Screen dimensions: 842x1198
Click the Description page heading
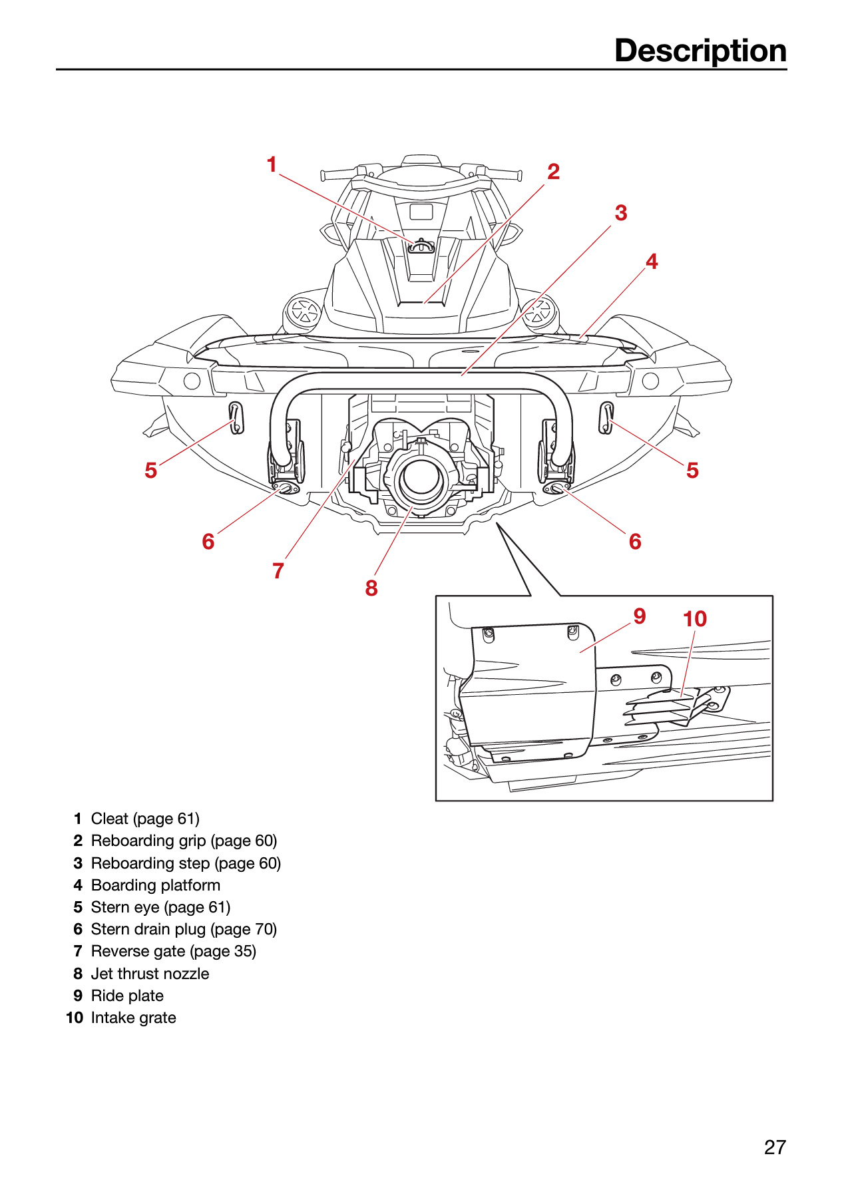(x=700, y=51)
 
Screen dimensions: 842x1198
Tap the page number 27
(x=775, y=1147)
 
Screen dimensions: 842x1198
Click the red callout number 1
(x=272, y=164)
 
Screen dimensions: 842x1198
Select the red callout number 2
(x=553, y=172)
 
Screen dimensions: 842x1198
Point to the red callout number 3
(x=621, y=213)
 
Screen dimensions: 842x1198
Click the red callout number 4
(x=652, y=262)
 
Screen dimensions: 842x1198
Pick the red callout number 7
(x=278, y=571)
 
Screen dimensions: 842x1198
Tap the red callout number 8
(x=371, y=588)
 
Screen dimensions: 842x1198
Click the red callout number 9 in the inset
(x=640, y=616)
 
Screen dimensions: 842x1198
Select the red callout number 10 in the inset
(x=695, y=619)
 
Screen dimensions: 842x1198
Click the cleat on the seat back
(x=421, y=246)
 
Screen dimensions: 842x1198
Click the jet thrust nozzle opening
(x=420, y=477)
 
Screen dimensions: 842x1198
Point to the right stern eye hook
(x=606, y=418)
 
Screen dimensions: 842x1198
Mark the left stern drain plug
(x=286, y=489)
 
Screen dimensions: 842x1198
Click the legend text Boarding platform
(x=156, y=885)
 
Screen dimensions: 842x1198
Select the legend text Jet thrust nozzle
(x=150, y=974)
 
